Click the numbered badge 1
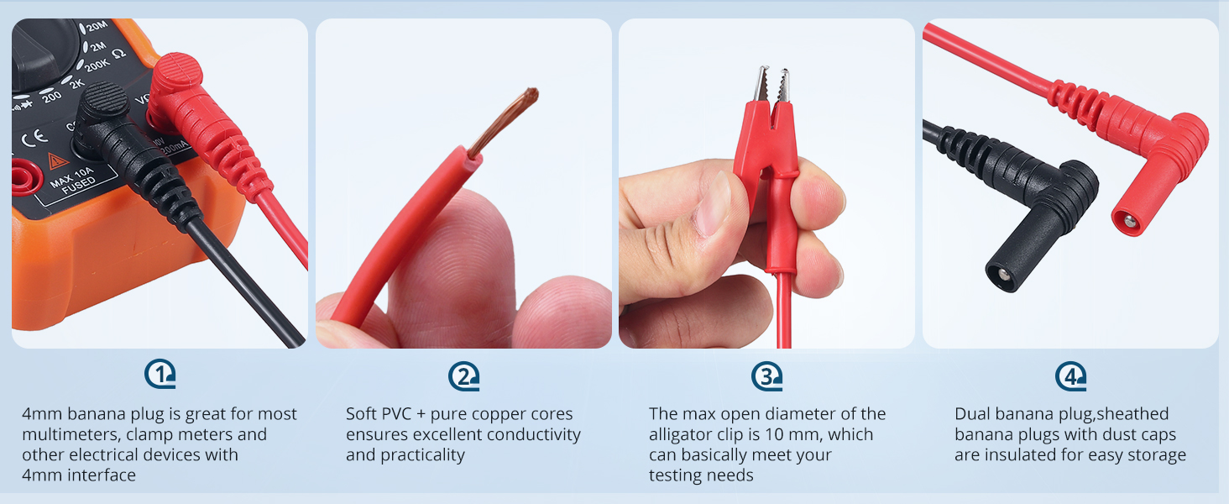160,375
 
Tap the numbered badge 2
463,375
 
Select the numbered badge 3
766,375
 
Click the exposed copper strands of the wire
505,119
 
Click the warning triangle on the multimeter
58,160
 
